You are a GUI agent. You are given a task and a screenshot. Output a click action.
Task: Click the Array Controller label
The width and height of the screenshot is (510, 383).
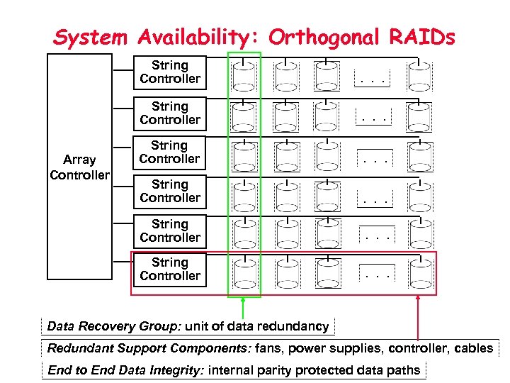pyautogui.click(x=79, y=167)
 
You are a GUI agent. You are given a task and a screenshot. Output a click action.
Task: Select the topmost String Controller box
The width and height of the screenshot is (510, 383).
pyautogui.click(x=170, y=72)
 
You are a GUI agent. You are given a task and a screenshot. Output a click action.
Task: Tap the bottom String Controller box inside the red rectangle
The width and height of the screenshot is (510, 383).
pyautogui.click(x=170, y=270)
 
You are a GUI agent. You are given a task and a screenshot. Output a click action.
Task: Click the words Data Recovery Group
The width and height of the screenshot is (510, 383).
pyautogui.click(x=114, y=327)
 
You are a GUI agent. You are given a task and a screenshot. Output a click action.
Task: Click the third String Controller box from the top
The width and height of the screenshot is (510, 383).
pyautogui.click(x=170, y=152)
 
